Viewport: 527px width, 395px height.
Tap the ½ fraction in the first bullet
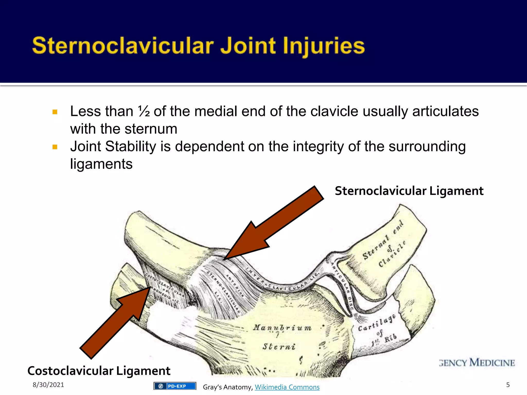(144, 112)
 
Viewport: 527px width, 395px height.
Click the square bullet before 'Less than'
(55, 112)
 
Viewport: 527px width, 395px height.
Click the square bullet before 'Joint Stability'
(55, 147)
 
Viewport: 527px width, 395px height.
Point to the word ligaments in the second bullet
(101, 164)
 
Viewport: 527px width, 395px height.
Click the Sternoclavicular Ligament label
(409, 191)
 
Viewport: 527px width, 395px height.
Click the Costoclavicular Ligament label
(99, 371)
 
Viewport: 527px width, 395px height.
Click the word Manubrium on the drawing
(282, 328)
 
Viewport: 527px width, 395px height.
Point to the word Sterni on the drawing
(279, 347)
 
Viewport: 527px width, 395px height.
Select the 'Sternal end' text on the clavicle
(382, 241)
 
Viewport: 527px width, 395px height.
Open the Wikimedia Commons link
(287, 387)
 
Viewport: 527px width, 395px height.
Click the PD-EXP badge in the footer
(175, 386)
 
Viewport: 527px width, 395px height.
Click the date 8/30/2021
(48, 385)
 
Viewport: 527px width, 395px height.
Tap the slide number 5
(508, 385)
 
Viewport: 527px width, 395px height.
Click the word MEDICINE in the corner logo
(492, 363)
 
